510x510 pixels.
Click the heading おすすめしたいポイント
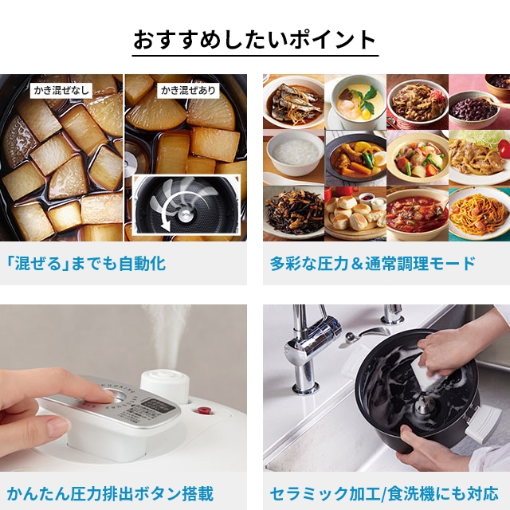click(x=254, y=40)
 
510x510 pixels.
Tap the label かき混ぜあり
click(x=188, y=90)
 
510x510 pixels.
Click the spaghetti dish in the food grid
click(x=478, y=213)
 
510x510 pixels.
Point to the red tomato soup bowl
click(x=417, y=214)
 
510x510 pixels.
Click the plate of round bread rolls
click(x=355, y=214)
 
